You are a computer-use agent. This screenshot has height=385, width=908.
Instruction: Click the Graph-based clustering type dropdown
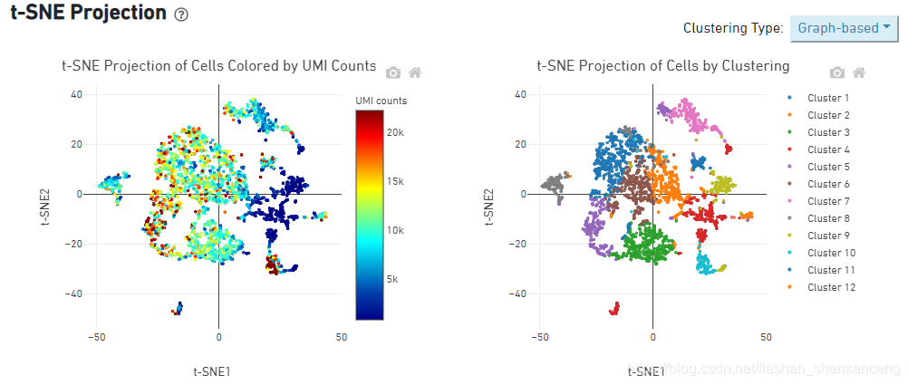[845, 28]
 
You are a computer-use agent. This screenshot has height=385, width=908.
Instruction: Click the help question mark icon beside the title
[181, 15]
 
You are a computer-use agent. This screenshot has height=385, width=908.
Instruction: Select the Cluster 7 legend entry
[827, 201]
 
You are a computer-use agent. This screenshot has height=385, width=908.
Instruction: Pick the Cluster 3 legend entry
[827, 132]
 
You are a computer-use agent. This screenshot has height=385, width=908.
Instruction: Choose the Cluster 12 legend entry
[830, 287]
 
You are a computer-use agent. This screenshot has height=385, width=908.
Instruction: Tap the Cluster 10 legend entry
[830, 253]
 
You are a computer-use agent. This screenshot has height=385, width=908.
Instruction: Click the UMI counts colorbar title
[381, 100]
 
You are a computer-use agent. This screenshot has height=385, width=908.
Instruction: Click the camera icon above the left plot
[393, 72]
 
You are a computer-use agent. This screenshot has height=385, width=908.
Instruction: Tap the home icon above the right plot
[859, 72]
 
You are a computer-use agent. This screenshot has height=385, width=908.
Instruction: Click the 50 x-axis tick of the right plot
[766, 336]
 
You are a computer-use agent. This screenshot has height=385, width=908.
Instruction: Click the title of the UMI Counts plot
[218, 65]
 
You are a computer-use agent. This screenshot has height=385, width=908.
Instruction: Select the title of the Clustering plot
[662, 65]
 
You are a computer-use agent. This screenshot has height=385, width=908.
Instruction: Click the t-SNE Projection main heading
[88, 13]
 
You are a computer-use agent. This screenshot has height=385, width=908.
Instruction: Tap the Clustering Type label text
[733, 28]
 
